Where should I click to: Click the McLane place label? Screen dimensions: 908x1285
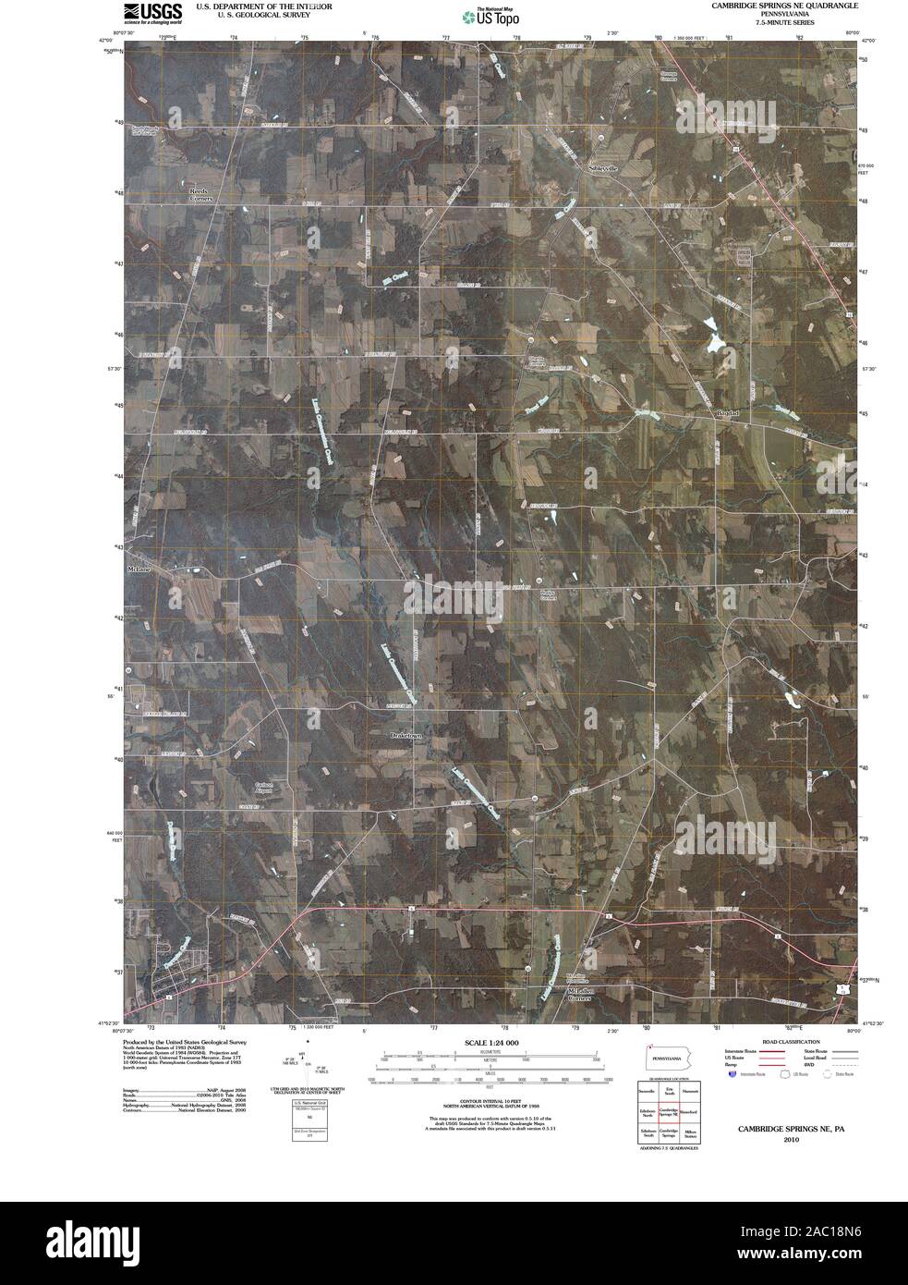click(138, 569)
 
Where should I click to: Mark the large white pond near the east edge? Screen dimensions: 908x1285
click(712, 336)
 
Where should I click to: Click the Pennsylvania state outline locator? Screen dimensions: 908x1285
click(671, 1057)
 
